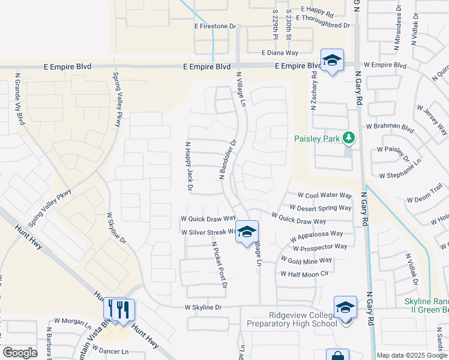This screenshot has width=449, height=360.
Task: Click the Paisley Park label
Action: point(317,139)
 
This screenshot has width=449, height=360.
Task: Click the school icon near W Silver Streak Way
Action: point(247,232)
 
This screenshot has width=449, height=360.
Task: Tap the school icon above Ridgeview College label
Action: point(346,308)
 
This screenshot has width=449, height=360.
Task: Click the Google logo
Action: point(20,353)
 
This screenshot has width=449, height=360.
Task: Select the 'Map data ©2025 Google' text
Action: point(412,355)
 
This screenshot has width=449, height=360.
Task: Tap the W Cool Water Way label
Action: point(324,196)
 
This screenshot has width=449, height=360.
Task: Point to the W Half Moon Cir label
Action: point(305,274)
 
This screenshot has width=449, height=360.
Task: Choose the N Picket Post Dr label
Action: point(218,265)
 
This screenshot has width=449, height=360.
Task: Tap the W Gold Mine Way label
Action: point(310,260)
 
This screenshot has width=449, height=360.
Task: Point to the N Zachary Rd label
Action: point(313,91)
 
